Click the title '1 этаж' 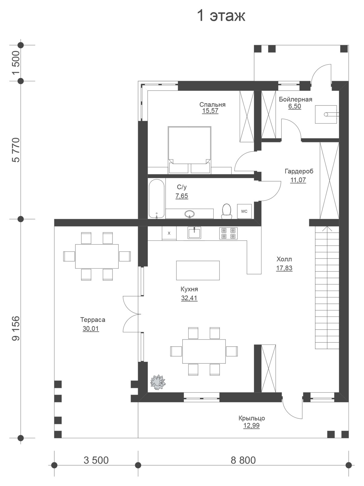(221, 16)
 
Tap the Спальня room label (212, 104)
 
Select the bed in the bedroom (189, 150)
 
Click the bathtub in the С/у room (156, 199)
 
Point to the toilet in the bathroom (226, 210)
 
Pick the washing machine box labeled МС (244, 211)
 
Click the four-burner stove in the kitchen (228, 233)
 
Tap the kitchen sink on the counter (194, 233)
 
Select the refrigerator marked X (169, 233)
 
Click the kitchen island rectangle (198, 270)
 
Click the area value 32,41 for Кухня (189, 298)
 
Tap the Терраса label (93, 320)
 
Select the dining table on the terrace (97, 256)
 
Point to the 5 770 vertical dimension (16, 150)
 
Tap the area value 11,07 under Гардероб (298, 180)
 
